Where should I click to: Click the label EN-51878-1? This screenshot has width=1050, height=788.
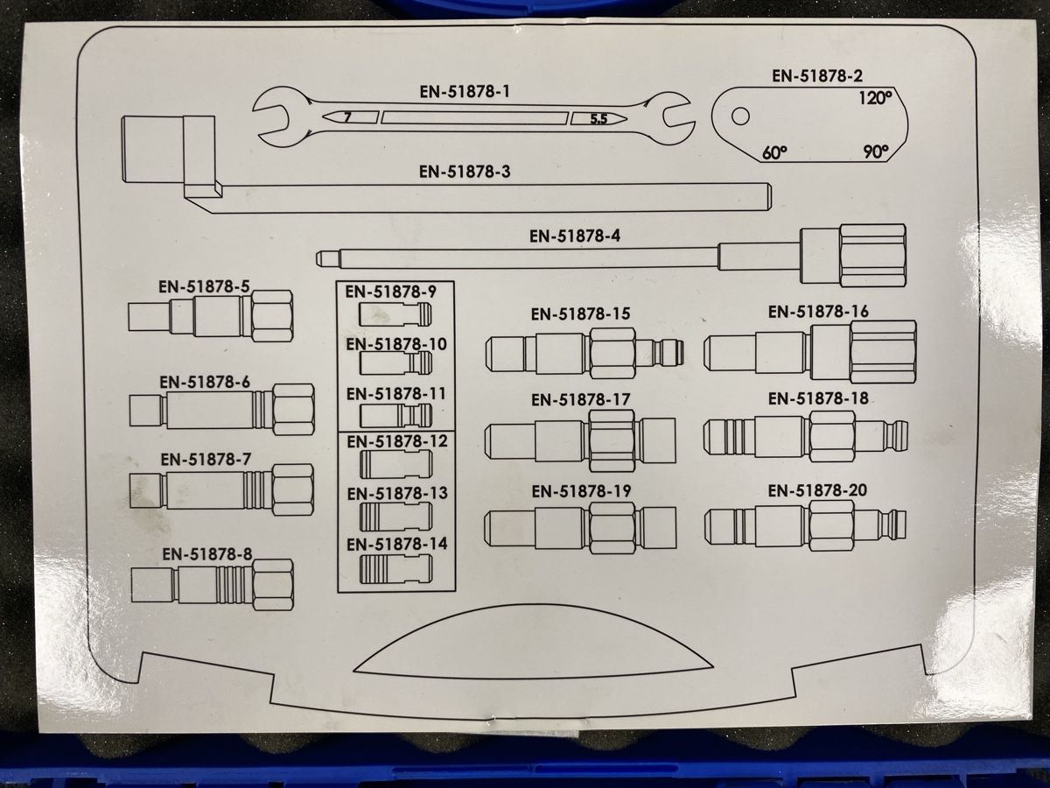pos(465,91)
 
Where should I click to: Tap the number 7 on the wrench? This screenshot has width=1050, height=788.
pos(347,116)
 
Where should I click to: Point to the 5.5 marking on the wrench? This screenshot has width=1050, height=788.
pos(598,119)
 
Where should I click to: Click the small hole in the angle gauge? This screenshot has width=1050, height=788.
pos(740,116)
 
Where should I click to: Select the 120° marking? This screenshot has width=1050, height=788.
pos(875,98)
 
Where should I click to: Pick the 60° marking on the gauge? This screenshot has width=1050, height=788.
pos(774,152)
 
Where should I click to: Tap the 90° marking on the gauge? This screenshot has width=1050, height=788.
pos(876,151)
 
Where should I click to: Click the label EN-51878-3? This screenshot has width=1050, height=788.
pos(465,172)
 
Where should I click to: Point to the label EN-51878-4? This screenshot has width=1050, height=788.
pos(575,236)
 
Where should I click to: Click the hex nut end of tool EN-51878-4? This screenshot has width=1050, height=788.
pos(872,256)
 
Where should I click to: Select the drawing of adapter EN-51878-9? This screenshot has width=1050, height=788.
pos(395,313)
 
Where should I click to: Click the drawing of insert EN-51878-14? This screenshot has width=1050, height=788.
pos(395,569)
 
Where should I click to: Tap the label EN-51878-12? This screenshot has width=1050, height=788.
pos(397,441)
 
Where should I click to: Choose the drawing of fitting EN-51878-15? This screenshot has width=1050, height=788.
pos(584,354)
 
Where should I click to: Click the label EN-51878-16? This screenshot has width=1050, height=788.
pos(818,312)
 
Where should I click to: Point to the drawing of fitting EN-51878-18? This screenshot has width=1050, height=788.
pos(805,436)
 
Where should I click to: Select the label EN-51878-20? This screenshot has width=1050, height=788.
pos(817,490)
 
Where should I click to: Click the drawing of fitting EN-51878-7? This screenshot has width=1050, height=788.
pos(221,489)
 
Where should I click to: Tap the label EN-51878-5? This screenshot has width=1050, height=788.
pos(204,286)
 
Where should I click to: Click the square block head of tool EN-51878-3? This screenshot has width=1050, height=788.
pos(152,149)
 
